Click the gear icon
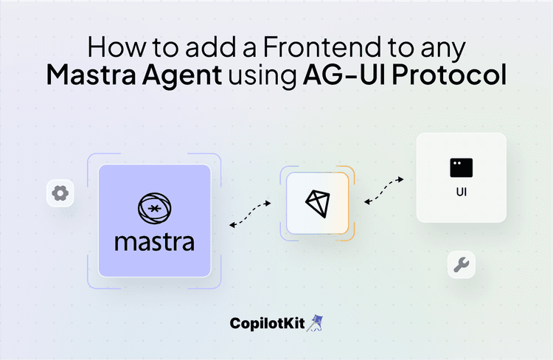[60, 193]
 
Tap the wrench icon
[462, 265]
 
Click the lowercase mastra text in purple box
[154, 241]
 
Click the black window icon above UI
[461, 167]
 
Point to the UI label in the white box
[461, 195]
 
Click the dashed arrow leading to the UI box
[384, 190]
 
